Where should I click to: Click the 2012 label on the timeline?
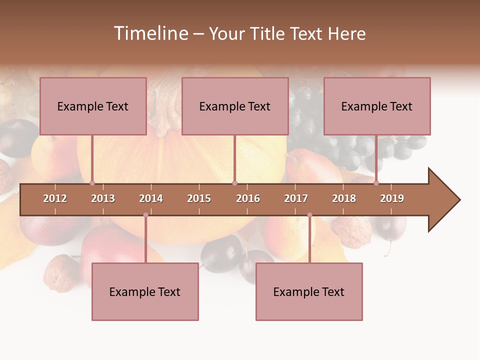coord(55,199)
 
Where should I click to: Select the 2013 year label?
coord(103,199)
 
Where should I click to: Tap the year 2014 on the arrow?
coord(151,199)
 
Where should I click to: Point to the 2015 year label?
coord(199,199)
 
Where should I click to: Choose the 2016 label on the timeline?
coord(248,199)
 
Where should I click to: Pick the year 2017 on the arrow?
coord(296,199)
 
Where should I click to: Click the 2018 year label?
coord(344,199)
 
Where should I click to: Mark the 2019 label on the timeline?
coord(392,199)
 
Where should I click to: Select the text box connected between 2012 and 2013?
coord(93,106)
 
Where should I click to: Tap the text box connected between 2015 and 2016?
coord(235,106)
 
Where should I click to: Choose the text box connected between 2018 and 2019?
coord(377,106)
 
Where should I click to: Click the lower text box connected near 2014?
coord(145,292)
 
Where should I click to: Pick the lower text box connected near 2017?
coord(309,292)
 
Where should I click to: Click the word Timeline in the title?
coord(150,33)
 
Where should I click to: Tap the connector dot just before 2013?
coord(92,183)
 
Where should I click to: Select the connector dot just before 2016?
coord(234,183)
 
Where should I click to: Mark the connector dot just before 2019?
coord(376,183)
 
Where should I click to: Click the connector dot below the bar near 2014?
coord(145,215)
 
